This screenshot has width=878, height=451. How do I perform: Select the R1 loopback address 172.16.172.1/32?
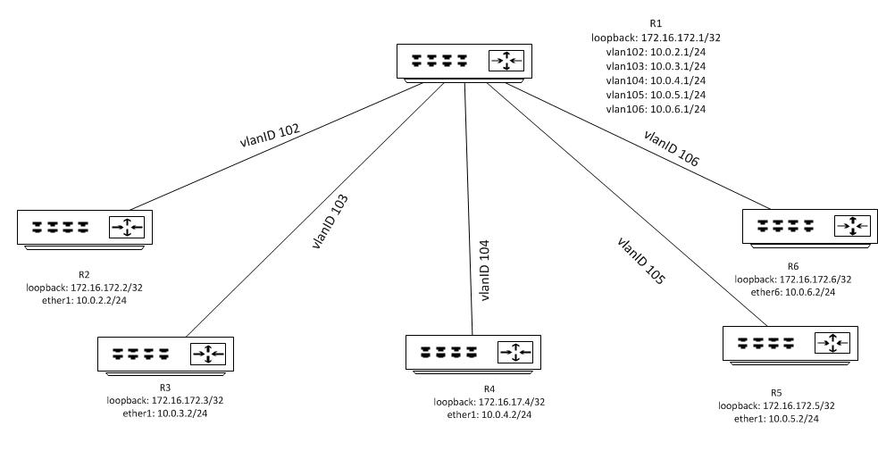(649, 38)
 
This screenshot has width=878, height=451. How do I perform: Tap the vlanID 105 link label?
(641, 261)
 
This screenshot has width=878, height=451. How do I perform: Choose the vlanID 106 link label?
(671, 149)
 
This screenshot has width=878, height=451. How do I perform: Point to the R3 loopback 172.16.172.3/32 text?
(164, 400)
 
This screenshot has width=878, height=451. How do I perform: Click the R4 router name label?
(489, 388)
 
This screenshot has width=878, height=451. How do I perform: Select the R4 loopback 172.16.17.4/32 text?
(489, 402)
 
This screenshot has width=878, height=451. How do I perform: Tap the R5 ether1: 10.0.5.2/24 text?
(776, 419)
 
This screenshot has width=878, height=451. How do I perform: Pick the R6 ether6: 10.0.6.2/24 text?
(792, 293)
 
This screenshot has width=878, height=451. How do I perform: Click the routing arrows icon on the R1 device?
(506, 61)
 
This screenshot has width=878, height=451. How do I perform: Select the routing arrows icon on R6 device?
(853, 226)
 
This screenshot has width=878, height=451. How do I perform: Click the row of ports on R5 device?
(766, 341)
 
